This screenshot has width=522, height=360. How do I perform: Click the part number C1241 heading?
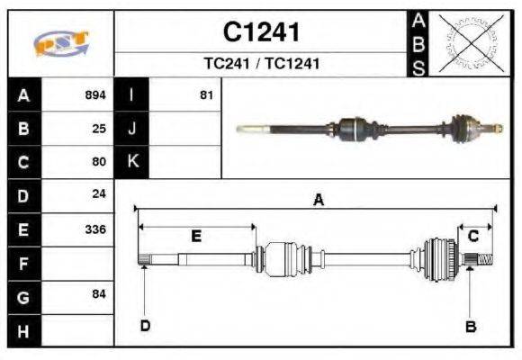pyautogui.click(x=261, y=33)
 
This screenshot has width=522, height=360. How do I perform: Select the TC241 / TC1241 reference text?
pyautogui.click(x=261, y=64)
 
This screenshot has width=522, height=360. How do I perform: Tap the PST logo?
pyautogui.click(x=61, y=43)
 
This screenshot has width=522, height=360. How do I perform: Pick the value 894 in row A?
pyautogui.click(x=94, y=94)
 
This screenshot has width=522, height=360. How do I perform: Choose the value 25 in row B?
pyautogui.click(x=99, y=128)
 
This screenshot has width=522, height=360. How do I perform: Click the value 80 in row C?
pyautogui.click(x=99, y=162)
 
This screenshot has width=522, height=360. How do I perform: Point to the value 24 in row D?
pyautogui.click(x=99, y=194)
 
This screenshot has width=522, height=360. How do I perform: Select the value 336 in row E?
pyautogui.click(x=94, y=229)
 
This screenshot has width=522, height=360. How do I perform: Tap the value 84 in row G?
pyautogui.click(x=99, y=294)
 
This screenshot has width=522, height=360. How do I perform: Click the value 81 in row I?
pyautogui.click(x=206, y=94)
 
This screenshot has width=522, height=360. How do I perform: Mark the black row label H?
pyautogui.click(x=23, y=329)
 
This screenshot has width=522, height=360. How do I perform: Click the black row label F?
pyautogui.click(x=23, y=263)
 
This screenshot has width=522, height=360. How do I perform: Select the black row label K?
pyautogui.click(x=132, y=162)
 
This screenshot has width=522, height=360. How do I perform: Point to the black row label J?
pyautogui.click(x=132, y=128)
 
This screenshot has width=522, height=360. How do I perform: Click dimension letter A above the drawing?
pyautogui.click(x=318, y=201)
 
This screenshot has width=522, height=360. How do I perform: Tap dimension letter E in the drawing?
pyautogui.click(x=195, y=237)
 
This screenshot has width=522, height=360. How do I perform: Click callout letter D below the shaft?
pyautogui.click(x=145, y=326)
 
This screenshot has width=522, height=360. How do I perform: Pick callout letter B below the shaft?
pyautogui.click(x=470, y=326)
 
